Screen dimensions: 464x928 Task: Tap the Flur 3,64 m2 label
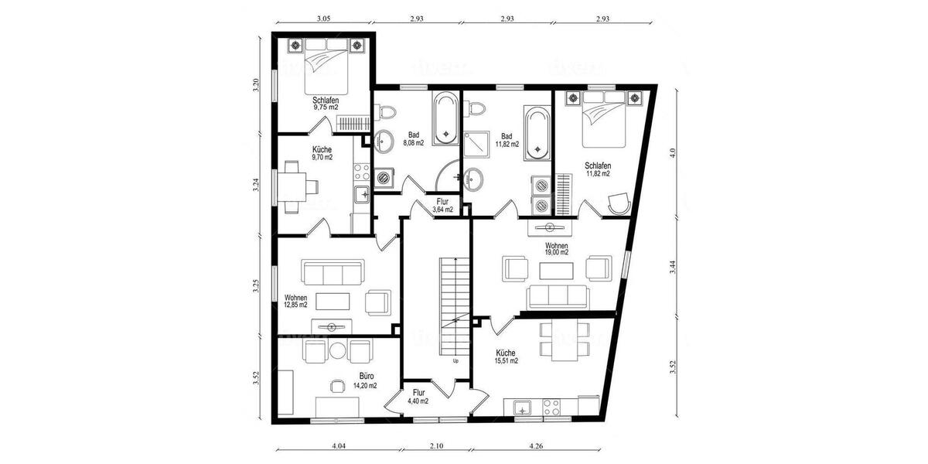point(442,206)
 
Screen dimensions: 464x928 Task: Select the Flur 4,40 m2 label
point(418,396)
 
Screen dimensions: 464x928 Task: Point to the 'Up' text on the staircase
point(455,361)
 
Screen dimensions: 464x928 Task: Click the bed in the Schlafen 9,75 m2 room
point(325,66)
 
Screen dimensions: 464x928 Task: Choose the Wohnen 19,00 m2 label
point(557,247)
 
